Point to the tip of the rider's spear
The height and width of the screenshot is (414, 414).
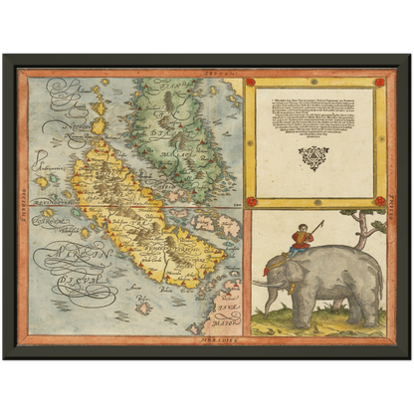(322, 221)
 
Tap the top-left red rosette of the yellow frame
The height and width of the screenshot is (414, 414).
(251, 83)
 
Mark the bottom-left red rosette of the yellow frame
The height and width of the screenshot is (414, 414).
(251, 202)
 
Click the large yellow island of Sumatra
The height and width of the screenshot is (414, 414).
(139, 214)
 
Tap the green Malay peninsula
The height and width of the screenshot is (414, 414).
(184, 129)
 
